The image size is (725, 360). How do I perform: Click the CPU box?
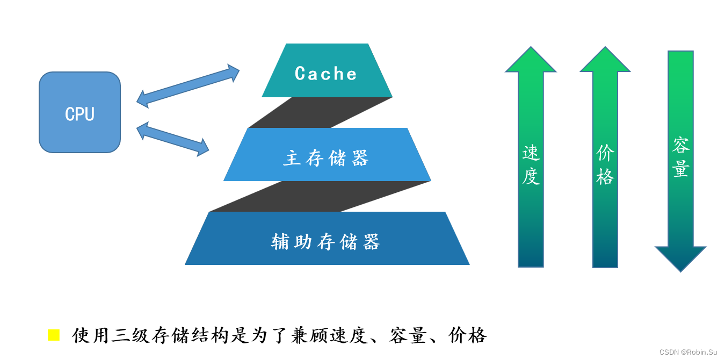click(x=79, y=112)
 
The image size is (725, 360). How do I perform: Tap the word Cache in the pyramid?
click(x=326, y=74)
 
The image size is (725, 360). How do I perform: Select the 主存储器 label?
click(x=326, y=159)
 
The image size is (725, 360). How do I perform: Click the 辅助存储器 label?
click(x=326, y=242)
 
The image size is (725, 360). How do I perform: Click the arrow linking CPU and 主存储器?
click(x=172, y=139)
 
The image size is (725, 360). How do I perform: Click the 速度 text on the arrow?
click(x=531, y=165)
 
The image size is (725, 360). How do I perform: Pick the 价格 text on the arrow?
click(x=605, y=165)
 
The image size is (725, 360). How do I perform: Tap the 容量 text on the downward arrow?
click(x=680, y=157)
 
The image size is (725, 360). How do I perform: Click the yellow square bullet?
click(x=54, y=335)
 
